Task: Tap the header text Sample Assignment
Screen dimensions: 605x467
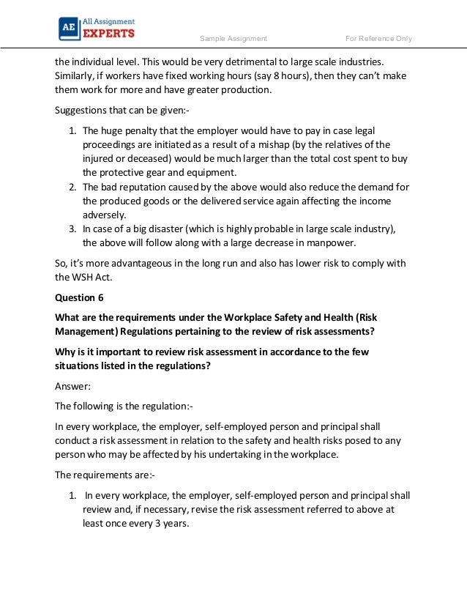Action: (233, 39)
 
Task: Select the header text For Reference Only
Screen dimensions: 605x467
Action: (378, 39)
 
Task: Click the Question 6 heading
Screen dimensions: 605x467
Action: (75, 297)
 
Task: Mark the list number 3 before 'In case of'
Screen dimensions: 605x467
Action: (72, 229)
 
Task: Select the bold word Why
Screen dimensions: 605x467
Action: (67, 352)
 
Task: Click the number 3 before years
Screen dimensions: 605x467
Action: (164, 524)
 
